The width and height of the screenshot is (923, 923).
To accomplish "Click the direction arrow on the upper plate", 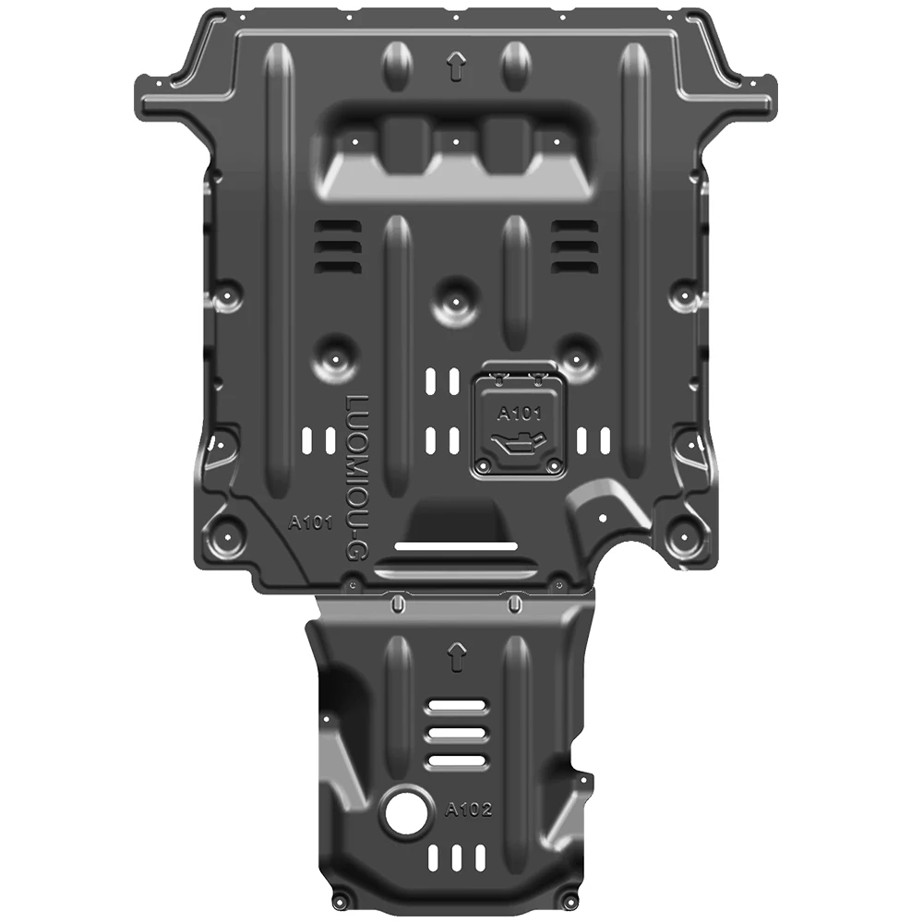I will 454,67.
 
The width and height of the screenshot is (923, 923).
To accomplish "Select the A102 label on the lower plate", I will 469,809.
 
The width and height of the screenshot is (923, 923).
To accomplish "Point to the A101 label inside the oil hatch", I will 518,413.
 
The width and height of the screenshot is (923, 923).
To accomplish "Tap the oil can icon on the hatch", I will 519,446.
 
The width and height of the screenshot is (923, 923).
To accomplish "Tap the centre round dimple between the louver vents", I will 453,299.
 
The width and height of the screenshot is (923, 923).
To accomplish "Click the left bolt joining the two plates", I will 396,604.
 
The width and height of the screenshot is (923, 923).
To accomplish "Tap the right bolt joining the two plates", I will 512,604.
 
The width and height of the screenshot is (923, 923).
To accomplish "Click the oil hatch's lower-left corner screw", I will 482,464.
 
